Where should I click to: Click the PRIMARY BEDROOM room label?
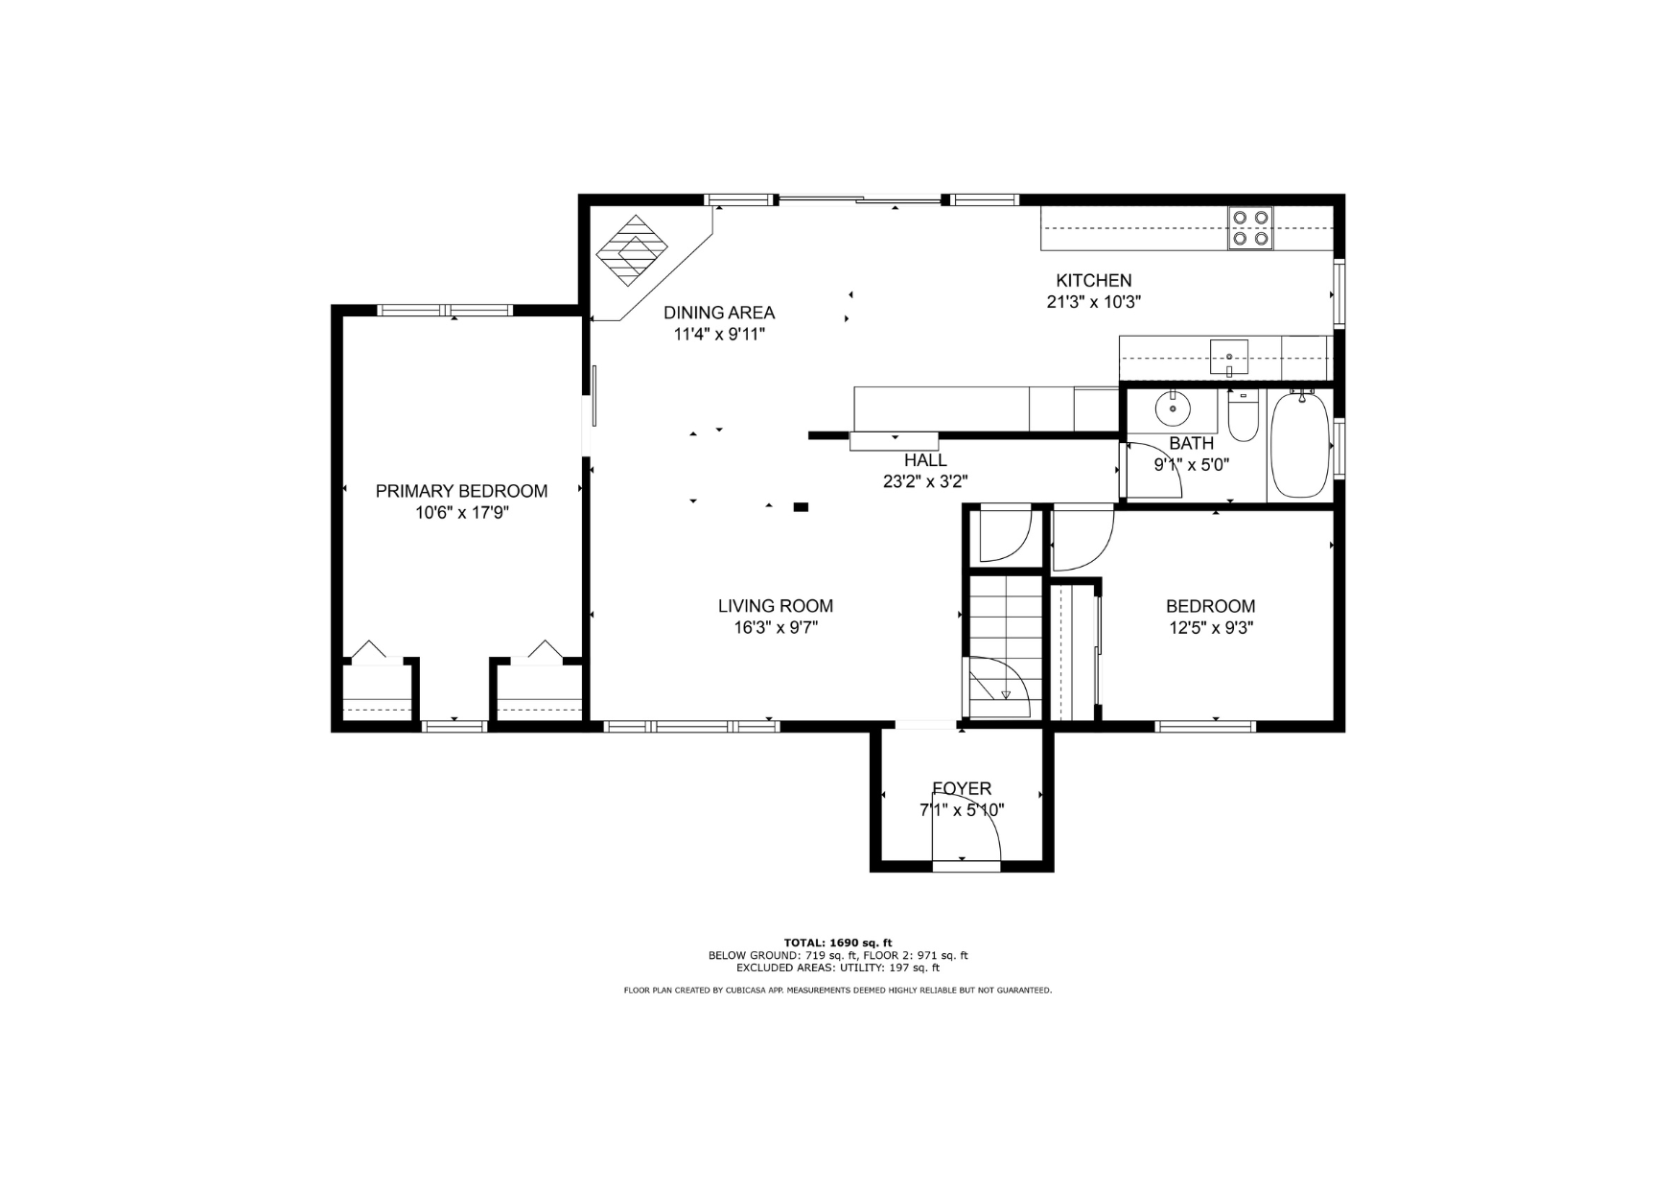pos(461,491)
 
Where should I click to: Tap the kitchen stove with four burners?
pos(1251,228)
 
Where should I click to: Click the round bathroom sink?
pos(1172,409)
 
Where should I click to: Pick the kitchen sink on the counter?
pos(1228,358)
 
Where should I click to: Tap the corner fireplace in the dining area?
pos(631,251)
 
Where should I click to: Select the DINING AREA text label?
pos(719,313)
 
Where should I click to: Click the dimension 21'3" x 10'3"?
pos(1093,302)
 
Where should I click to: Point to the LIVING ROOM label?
pos(776,606)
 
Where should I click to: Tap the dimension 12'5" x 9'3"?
pos(1210,628)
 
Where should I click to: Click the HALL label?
pos(925,460)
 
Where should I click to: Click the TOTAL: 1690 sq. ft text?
pos(838,943)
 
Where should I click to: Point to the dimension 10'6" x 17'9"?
pos(461,513)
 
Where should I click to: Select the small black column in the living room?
pos(801,506)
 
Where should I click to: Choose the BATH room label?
pos(1191,443)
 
